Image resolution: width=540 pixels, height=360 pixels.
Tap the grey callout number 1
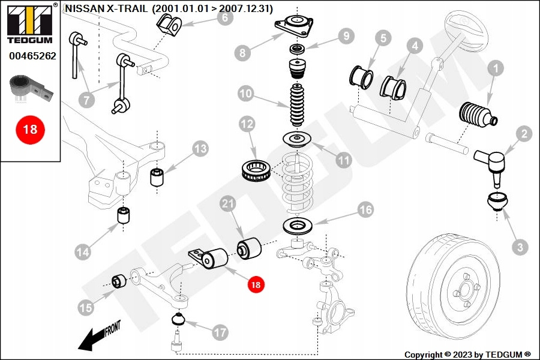point(496,70)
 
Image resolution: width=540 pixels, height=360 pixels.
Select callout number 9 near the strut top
point(345,37)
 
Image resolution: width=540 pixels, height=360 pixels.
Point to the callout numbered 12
point(247,124)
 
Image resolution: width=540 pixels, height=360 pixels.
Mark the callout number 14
point(83,251)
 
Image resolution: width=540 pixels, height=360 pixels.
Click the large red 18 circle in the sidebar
point(29,128)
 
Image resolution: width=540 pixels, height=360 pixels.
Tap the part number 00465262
point(32,56)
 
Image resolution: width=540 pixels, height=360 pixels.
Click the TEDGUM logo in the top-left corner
point(29,23)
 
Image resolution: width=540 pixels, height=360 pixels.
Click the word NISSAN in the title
point(83,9)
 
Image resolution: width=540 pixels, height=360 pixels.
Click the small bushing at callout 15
point(118,280)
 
